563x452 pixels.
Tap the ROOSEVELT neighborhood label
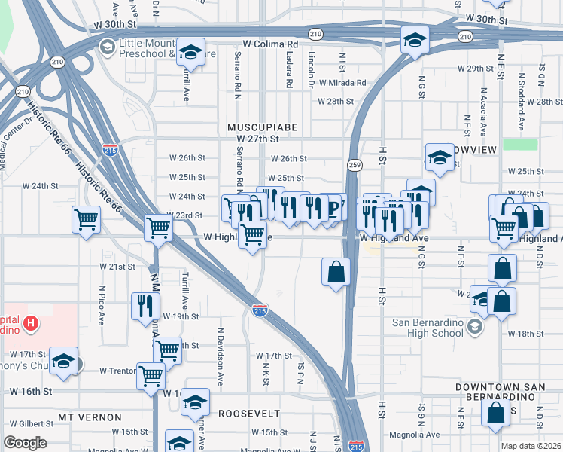click(249, 414)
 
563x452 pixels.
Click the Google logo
click(25, 443)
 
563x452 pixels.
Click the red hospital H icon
click(30, 325)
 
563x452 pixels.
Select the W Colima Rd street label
click(269, 44)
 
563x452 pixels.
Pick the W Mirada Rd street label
click(342, 83)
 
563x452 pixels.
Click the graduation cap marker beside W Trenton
click(64, 359)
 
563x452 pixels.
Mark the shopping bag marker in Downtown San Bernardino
click(495, 412)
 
